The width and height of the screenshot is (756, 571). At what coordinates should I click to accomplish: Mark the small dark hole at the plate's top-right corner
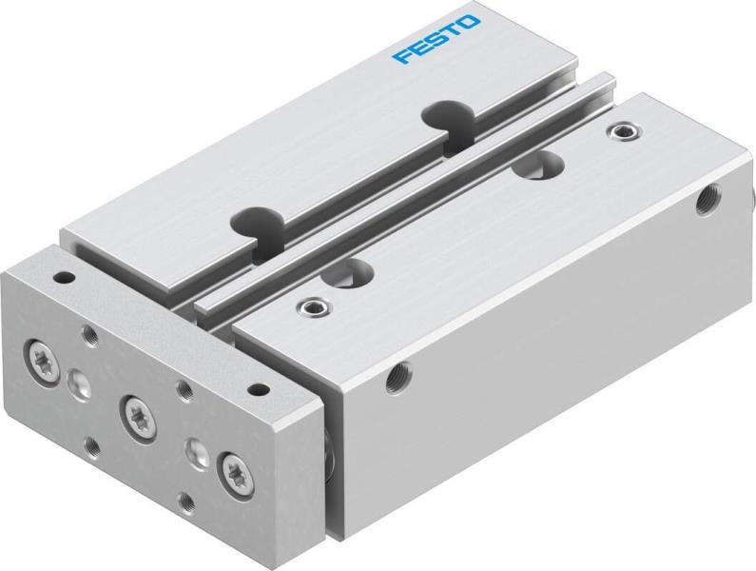point(255,389)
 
